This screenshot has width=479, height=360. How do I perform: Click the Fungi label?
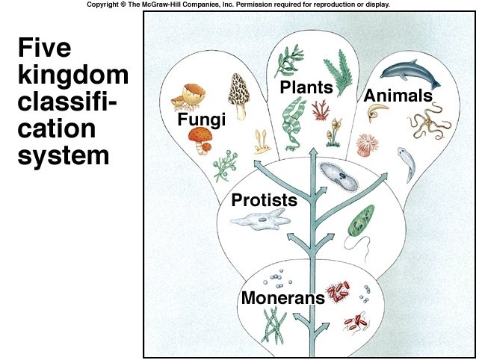pos(201,120)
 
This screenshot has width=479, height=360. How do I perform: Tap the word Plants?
pos(300,88)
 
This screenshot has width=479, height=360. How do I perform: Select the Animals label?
pos(398,96)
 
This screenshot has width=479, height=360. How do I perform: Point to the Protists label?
pos(264,200)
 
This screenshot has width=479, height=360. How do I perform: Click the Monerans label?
pos(282,297)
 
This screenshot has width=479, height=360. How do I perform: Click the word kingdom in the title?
pos(72,76)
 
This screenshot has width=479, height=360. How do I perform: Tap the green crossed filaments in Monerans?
pos(274,325)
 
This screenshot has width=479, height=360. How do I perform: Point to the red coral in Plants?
pos(321,110)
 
